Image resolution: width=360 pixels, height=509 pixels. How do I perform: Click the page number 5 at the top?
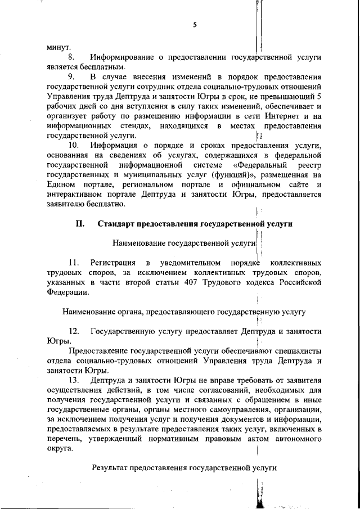[194, 24]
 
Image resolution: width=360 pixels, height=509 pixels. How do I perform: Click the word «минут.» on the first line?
[58, 48]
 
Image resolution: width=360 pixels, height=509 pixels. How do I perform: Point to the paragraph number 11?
[74, 263]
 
